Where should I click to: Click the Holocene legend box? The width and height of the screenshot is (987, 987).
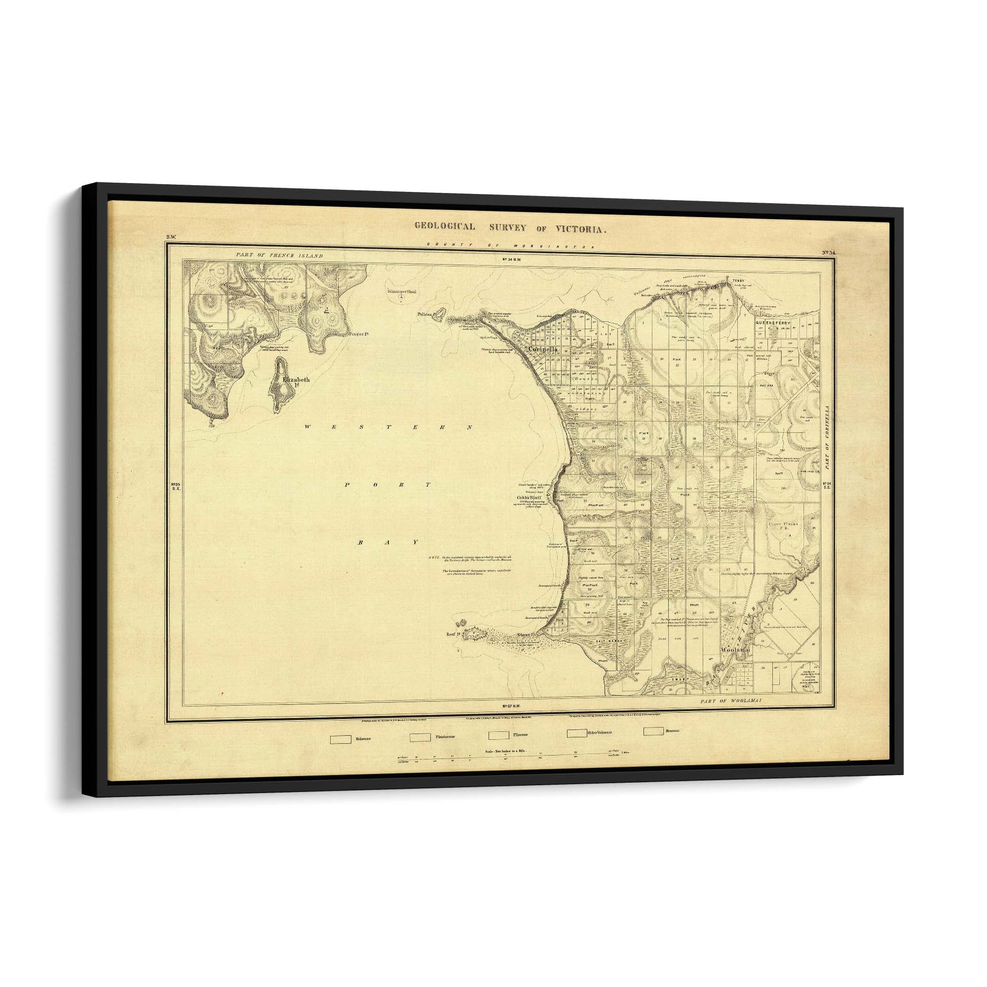(340, 739)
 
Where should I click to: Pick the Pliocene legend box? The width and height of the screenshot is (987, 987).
(498, 736)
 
